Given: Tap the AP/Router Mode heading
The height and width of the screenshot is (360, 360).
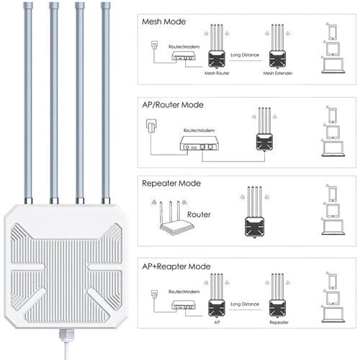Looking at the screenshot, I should coord(173,104).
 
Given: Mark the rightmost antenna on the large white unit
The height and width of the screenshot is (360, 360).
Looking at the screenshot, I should coord(106,101).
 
